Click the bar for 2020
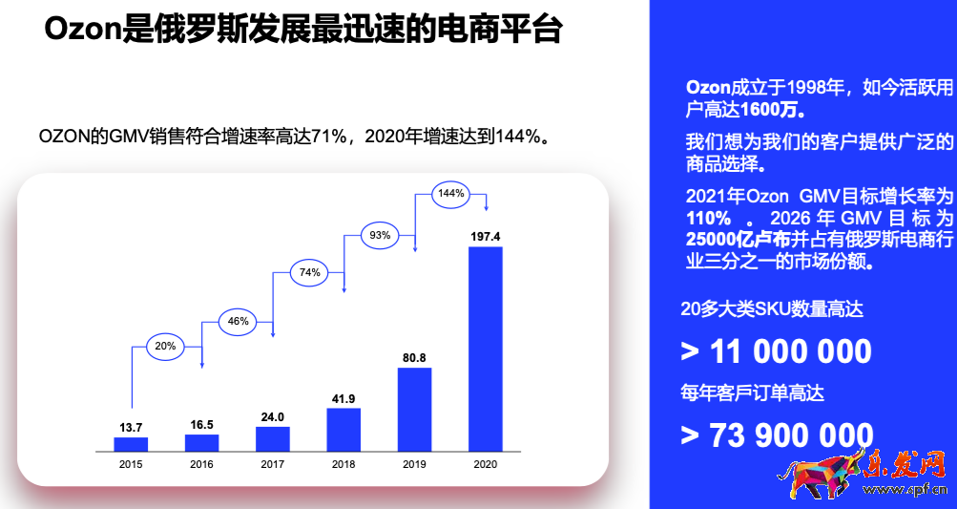pos(485,349)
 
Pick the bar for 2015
pos(131,444)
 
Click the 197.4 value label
pos(485,236)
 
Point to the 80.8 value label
pos(414,358)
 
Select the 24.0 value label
pos(273,417)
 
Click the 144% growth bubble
pos(451,193)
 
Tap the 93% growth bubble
pos(381,235)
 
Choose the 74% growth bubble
pos(309,272)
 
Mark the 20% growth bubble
pos(166,347)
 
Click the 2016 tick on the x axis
pos(201,464)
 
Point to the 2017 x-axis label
pos(273,464)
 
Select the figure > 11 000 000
pos(776,351)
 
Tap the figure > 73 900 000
pos(776,435)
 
